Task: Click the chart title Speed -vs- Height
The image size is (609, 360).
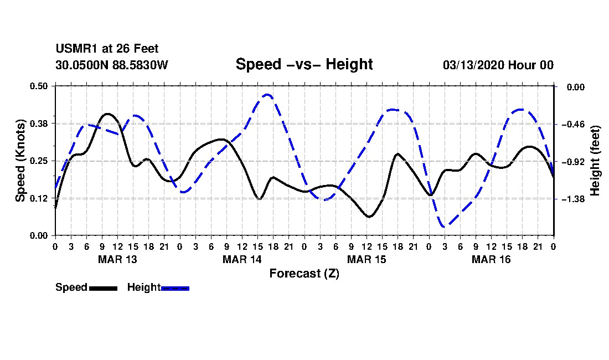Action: [304, 64]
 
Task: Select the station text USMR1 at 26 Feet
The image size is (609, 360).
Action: [107, 49]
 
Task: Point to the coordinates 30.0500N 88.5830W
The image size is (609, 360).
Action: [111, 65]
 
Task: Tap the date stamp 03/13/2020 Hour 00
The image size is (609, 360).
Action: [498, 65]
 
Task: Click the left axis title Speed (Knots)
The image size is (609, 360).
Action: [20, 160]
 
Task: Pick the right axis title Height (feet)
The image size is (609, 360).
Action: [595, 161]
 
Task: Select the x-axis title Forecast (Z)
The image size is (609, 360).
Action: [304, 273]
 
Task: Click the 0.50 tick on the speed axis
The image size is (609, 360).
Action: [39, 86]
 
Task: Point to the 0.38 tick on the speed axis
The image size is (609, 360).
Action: [39, 123]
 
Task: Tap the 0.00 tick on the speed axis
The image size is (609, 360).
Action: [39, 235]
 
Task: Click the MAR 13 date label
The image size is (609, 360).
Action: [117, 259]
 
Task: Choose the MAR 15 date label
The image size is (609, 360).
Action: [367, 259]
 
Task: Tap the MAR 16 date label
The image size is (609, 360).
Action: [491, 259]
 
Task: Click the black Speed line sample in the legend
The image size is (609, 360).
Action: [102, 288]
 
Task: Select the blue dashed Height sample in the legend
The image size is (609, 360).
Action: [175, 288]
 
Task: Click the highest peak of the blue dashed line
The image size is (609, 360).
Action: [267, 95]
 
